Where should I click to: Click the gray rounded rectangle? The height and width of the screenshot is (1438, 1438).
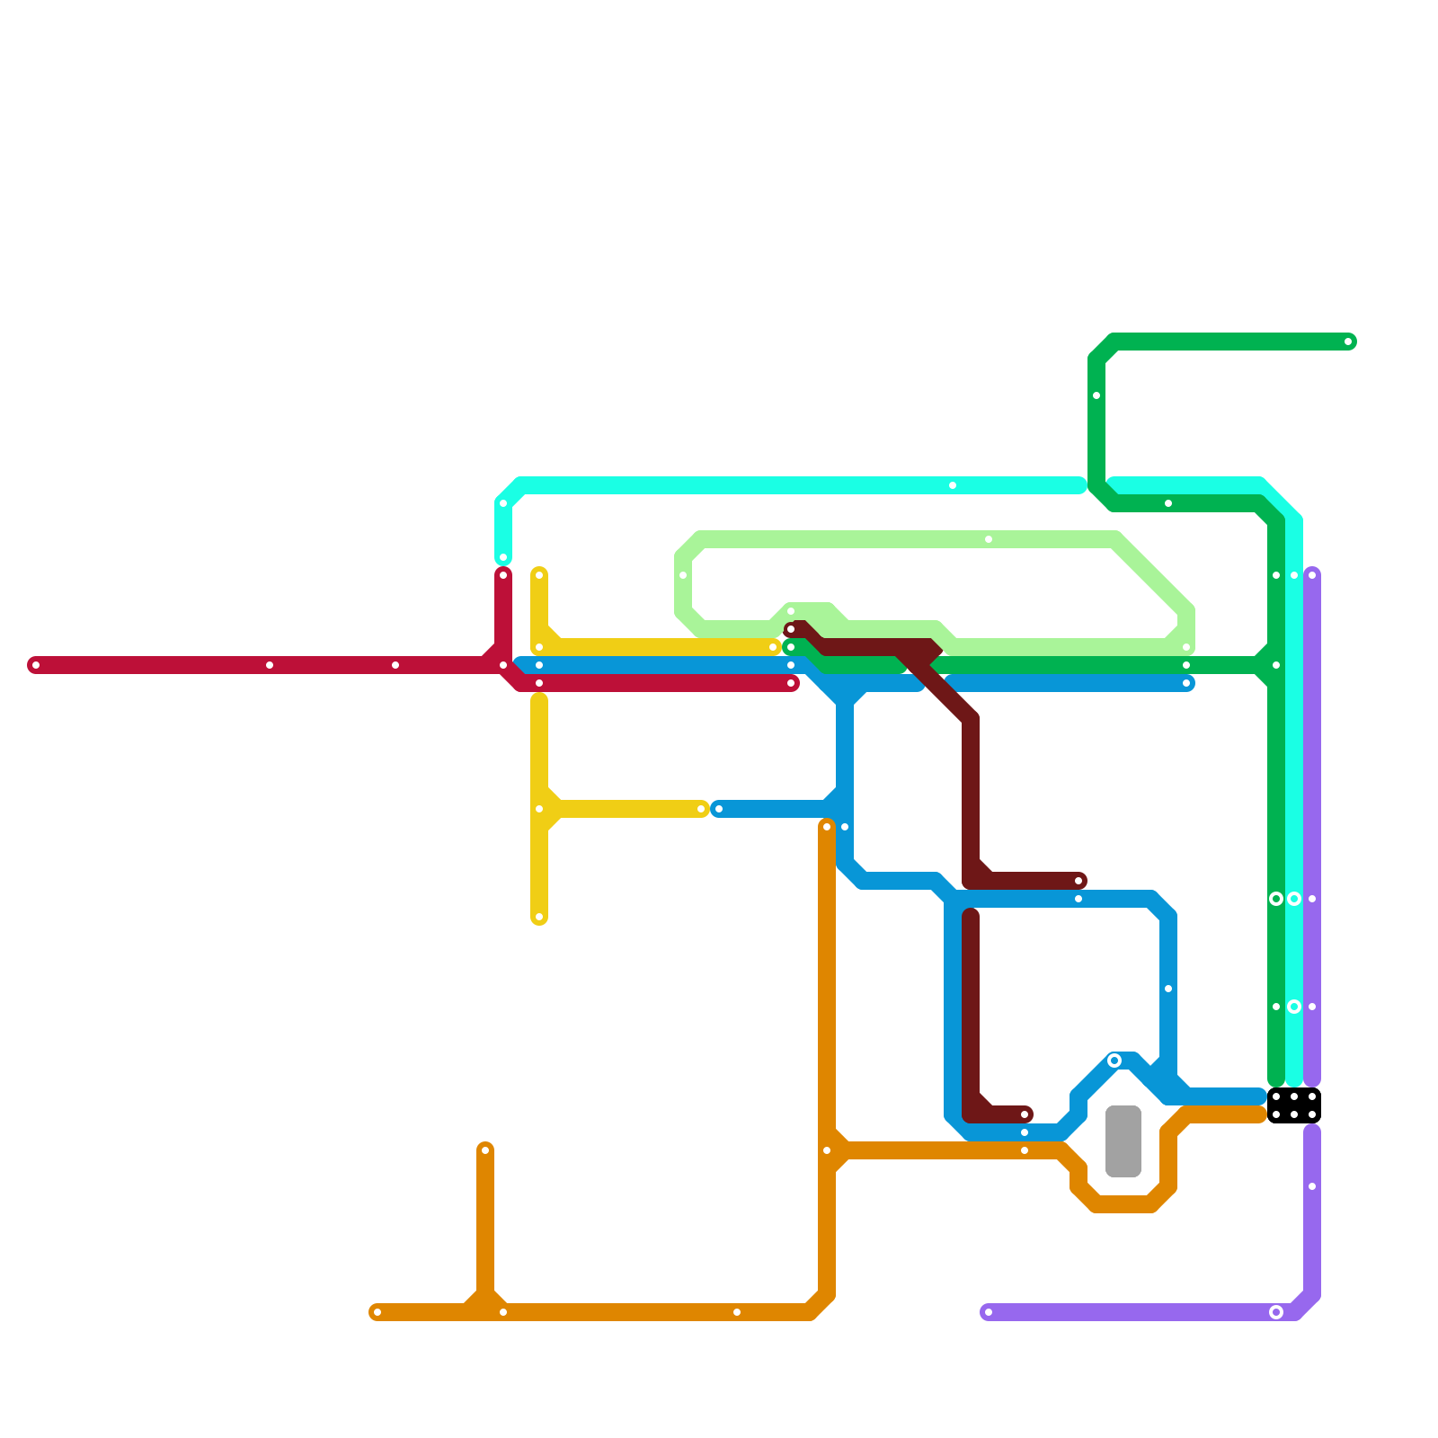tap(1123, 1141)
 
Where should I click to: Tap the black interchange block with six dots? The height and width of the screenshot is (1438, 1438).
tap(1294, 1105)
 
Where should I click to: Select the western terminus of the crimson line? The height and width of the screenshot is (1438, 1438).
tap(36, 665)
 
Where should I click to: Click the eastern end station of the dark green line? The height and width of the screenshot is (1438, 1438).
tap(1348, 342)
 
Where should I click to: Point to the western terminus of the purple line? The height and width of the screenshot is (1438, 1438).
tap(989, 1312)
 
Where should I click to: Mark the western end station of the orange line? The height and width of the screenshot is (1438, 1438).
tap(377, 1312)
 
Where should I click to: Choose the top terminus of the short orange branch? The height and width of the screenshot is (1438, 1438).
tap(485, 1150)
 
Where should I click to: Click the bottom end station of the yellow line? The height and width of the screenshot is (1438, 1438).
tap(539, 917)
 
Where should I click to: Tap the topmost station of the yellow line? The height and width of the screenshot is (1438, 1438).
tap(539, 575)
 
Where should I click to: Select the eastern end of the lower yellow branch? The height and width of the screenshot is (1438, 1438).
tap(701, 809)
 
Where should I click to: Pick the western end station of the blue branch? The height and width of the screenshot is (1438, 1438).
tap(719, 809)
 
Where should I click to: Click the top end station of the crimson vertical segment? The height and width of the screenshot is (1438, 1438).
tap(503, 575)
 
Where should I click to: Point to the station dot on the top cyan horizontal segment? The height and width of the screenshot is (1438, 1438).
tap(953, 485)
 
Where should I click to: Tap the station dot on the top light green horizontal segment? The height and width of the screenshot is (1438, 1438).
tap(989, 539)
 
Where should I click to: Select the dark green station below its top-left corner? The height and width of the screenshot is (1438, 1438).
tap(1096, 395)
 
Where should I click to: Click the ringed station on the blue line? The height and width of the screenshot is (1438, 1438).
tap(1114, 1061)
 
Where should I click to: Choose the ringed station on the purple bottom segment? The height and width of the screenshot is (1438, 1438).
tap(1276, 1312)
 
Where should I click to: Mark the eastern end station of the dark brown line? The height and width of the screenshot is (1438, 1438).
tap(1078, 881)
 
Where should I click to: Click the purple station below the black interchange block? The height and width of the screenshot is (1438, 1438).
tap(1312, 1186)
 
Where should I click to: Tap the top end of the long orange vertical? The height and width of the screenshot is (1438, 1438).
tap(827, 827)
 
